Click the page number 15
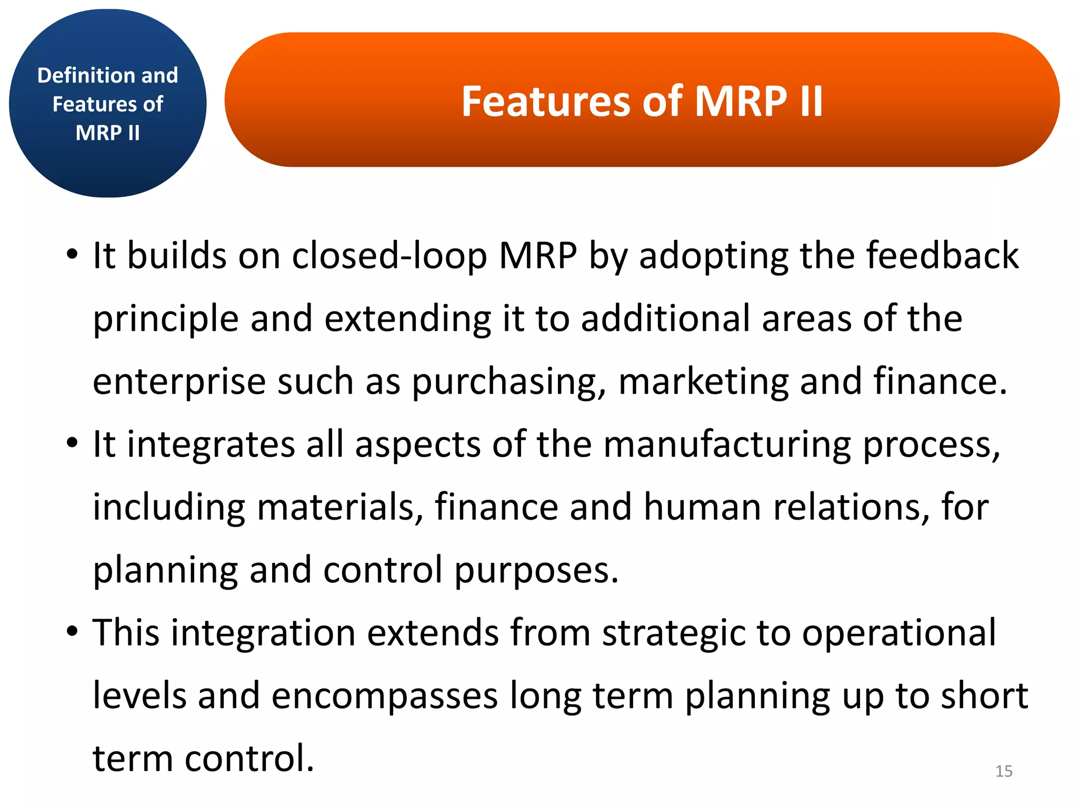pyautogui.click(x=1004, y=771)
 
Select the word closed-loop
pyautogui.click(x=390, y=256)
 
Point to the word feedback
pyautogui.click(x=942, y=256)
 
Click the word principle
pyautogui.click(x=165, y=320)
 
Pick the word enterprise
pyautogui.click(x=179, y=382)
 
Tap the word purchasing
pyautogui.click(x=508, y=382)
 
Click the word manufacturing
pyautogui.click(x=727, y=445)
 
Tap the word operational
pyautogui.click(x=899, y=633)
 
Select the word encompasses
pyautogui.click(x=384, y=696)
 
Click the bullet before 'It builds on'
pyautogui.click(x=72, y=256)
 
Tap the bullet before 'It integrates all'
pyautogui.click(x=72, y=445)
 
